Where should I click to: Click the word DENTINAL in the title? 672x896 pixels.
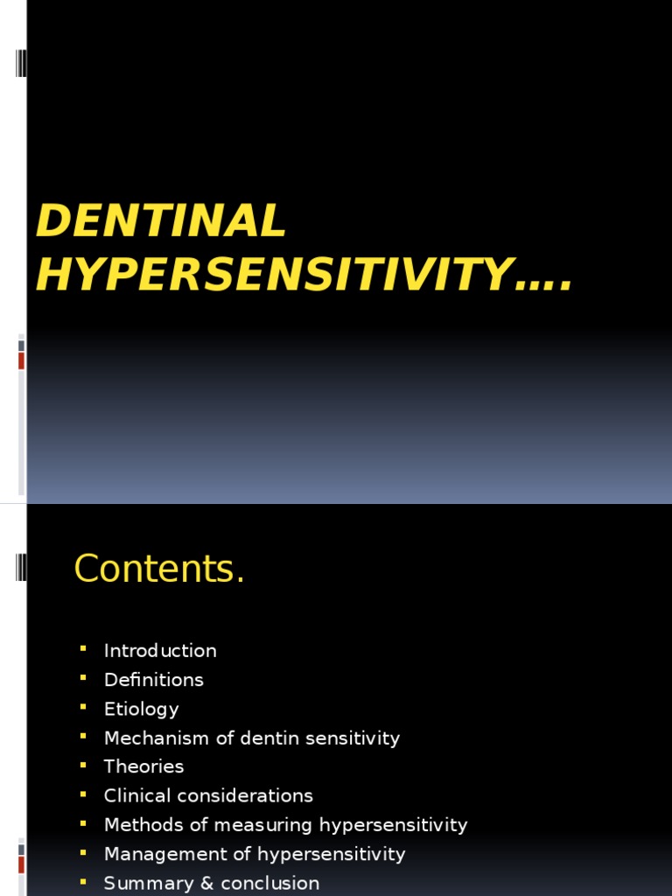click(161, 220)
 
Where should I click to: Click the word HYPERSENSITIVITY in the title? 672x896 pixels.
click(272, 274)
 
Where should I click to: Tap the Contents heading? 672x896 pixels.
click(159, 570)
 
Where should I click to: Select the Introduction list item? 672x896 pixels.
click(160, 651)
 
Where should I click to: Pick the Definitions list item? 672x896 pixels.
click(154, 680)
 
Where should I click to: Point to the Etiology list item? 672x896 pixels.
click(142, 709)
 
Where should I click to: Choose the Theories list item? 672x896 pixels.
click(144, 766)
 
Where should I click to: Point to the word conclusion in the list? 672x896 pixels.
click(274, 883)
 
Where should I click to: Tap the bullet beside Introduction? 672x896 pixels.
click(83, 648)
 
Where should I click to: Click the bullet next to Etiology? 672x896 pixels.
click(83, 706)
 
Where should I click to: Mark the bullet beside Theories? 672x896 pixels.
click(83, 764)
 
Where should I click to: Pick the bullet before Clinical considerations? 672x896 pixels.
click(83, 794)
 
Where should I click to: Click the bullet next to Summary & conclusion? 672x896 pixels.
click(83, 880)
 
